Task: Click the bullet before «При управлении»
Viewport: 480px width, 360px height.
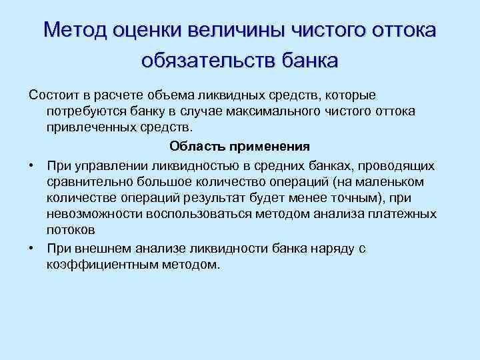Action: (x=32, y=165)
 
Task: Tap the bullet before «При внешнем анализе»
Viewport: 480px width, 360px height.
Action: (x=32, y=248)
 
